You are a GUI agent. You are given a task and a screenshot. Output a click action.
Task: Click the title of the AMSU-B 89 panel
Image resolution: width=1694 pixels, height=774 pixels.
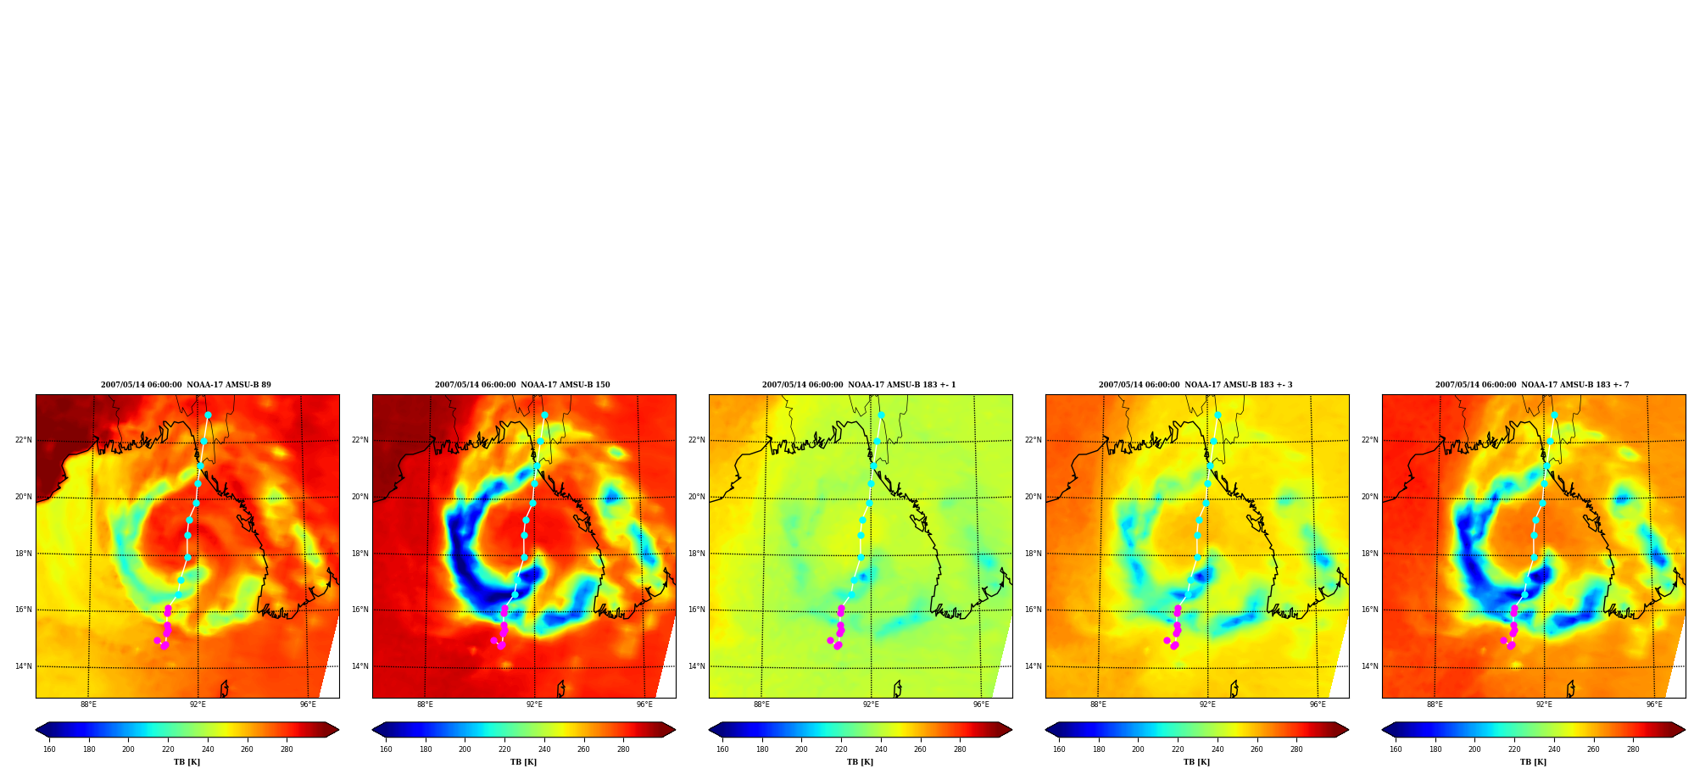coord(186,385)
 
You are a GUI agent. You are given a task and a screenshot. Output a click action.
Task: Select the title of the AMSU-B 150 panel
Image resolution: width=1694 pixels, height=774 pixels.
coord(522,385)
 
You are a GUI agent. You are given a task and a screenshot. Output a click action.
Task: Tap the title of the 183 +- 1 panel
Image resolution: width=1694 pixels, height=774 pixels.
coord(859,385)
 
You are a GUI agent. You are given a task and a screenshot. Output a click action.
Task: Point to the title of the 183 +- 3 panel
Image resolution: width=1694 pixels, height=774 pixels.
coord(1195,385)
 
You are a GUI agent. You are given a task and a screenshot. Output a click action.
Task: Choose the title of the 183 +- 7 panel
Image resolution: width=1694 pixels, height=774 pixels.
coord(1532,385)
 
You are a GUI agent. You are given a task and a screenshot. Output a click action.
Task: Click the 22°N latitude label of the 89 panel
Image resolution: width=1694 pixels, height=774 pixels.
coord(24,440)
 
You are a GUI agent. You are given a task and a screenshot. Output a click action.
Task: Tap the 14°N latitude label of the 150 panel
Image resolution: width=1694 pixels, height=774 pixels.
coord(360,666)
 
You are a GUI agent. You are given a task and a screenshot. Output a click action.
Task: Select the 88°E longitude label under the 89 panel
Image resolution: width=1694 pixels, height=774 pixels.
coord(88,704)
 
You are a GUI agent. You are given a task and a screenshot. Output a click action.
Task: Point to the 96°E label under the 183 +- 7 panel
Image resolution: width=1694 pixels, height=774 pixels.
coord(1654,704)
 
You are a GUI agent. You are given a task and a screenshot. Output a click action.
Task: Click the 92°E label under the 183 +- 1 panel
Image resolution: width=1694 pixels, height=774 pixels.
coord(871,704)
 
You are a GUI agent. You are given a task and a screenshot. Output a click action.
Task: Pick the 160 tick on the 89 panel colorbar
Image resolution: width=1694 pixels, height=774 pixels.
coord(49,749)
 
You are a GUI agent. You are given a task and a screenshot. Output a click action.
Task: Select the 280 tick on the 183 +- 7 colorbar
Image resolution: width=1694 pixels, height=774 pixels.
coord(1633,749)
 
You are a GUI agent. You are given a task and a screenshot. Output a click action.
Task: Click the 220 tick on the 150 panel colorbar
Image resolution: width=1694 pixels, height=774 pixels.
coord(504,749)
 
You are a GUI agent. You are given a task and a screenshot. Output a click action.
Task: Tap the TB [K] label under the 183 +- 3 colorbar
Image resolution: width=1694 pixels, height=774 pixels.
coord(1196,762)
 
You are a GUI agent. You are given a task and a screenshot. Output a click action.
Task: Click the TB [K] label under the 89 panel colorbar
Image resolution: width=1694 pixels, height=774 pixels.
coord(187,762)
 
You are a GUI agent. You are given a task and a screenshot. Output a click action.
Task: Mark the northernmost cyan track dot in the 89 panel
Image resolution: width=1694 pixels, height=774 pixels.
coord(208,415)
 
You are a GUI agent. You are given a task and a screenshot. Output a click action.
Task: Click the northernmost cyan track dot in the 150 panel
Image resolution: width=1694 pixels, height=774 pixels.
coord(544,415)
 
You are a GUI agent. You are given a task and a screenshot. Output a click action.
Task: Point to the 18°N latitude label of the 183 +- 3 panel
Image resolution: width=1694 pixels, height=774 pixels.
coord(1034,554)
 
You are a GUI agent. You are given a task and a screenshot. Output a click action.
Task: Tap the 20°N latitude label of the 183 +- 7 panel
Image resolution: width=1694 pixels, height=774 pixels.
coord(1370,497)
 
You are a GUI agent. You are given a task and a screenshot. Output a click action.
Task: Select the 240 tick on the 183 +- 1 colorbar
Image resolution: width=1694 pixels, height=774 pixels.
coord(881,749)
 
